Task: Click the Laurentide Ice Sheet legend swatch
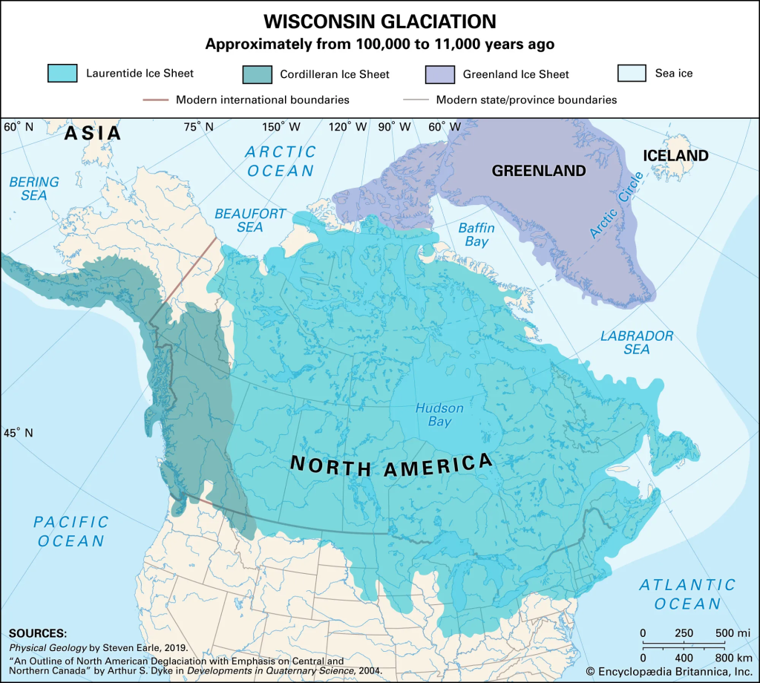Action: pos(62,73)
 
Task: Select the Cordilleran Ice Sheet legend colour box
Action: pos(257,73)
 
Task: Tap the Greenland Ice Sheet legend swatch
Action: pos(439,73)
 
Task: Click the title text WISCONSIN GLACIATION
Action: pos(380,20)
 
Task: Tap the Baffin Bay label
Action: pos(476,235)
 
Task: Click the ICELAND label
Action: pos(675,156)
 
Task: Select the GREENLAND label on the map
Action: pos(539,171)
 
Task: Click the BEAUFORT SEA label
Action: pos(250,220)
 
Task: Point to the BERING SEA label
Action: pos(34,189)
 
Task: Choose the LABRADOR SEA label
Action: pos(637,343)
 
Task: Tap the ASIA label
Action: pos(92,134)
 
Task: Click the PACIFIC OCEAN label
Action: pos(71,532)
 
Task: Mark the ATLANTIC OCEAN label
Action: pos(687,594)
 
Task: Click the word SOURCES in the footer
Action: pos(37,633)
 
